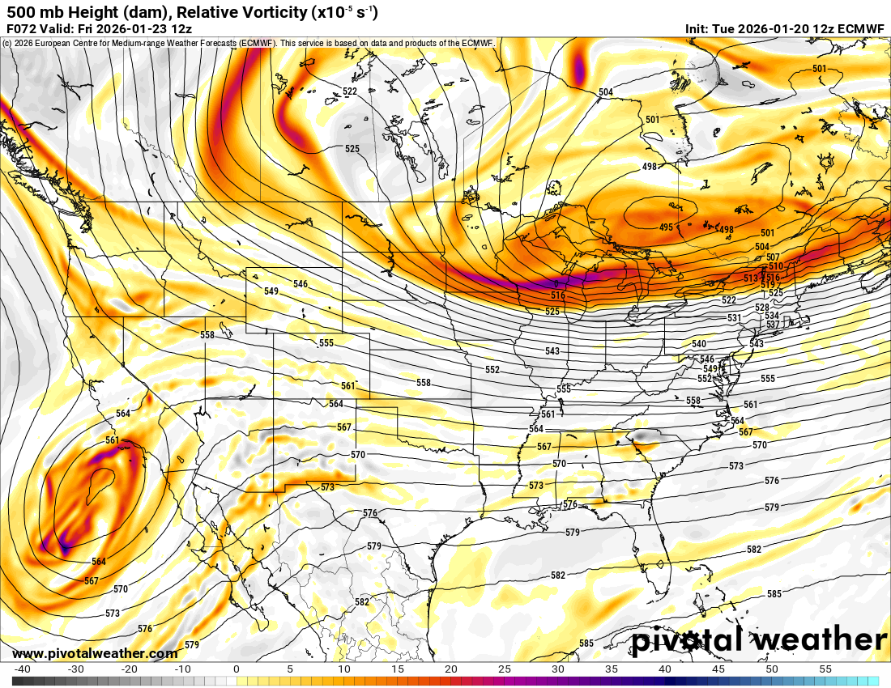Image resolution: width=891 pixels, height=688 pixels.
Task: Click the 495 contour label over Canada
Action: tap(666, 227)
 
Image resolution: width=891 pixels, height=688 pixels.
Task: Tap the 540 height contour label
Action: tap(699, 344)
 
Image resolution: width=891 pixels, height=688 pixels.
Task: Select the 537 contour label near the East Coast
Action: tap(772, 325)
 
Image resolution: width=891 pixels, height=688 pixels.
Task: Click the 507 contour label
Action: tap(773, 257)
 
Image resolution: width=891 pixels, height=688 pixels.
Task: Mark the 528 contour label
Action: tap(761, 308)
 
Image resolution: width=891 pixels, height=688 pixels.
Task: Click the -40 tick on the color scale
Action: tap(23, 669)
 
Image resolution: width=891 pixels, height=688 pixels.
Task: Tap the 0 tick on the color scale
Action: tap(236, 669)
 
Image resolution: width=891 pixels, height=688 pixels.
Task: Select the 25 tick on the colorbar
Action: tap(504, 669)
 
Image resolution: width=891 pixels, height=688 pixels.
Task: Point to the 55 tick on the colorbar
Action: tap(825, 669)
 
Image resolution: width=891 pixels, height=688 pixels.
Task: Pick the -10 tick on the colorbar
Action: tap(183, 669)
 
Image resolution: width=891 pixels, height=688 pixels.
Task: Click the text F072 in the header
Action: tap(21, 28)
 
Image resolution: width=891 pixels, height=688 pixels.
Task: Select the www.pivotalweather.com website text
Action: tap(95, 653)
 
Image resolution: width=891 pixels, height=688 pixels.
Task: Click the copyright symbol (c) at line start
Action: tap(6, 43)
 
